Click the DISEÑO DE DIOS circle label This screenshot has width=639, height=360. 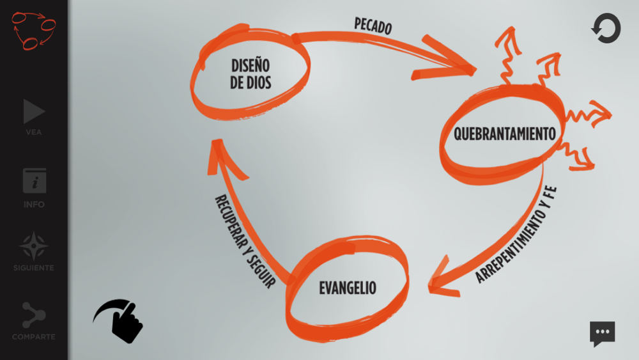(250, 74)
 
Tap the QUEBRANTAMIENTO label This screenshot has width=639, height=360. (504, 134)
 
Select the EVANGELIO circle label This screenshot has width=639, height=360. (348, 288)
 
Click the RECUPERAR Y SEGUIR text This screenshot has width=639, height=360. (244, 242)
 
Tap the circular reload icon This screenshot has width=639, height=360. (606, 29)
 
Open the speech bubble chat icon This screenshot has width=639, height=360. (602, 333)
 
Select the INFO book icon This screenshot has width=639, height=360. (35, 181)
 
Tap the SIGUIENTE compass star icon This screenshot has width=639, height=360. (35, 246)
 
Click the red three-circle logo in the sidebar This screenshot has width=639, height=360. (33, 30)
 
